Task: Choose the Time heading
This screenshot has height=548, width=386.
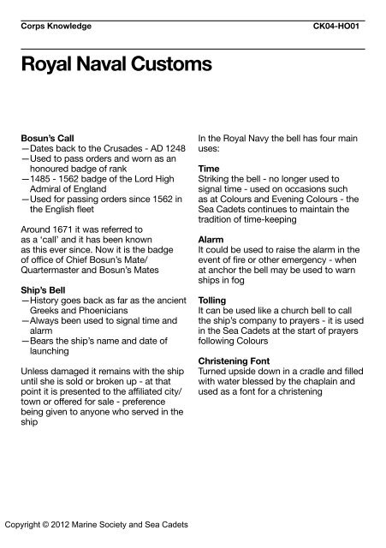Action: point(210,169)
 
